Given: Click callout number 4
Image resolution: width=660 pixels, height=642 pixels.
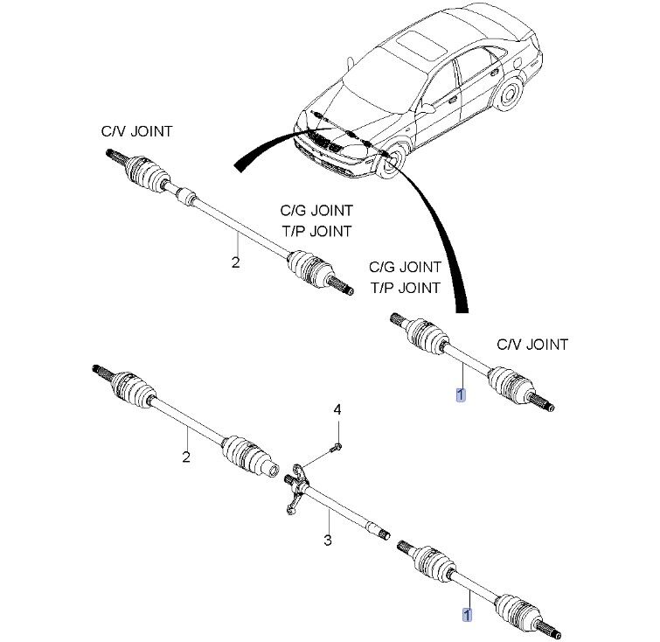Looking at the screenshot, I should pyautogui.click(x=337, y=409).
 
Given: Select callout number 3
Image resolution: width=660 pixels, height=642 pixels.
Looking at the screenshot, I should pyautogui.click(x=327, y=541).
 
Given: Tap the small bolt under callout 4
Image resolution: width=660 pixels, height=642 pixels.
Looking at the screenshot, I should pyautogui.click(x=337, y=447).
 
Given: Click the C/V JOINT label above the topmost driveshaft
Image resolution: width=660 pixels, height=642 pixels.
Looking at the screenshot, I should pyautogui.click(x=136, y=131).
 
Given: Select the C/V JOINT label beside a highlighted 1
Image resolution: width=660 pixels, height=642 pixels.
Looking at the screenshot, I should pyautogui.click(x=532, y=345).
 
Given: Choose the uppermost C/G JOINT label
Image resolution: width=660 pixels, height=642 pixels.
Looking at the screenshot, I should pyautogui.click(x=316, y=211).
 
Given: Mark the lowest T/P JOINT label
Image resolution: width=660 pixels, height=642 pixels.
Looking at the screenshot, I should pyautogui.click(x=406, y=287).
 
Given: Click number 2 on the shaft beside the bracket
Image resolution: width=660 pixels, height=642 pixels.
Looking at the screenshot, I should pyautogui.click(x=185, y=456).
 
